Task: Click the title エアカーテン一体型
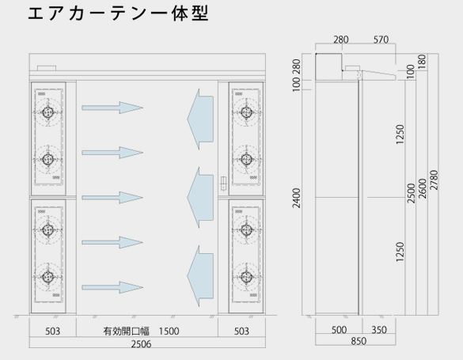pos(118,13)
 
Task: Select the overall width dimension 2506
pos(141,344)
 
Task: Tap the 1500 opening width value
pos(169,331)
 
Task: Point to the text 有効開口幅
pos(126,331)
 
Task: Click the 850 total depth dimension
pos(359,341)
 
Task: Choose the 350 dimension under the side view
pos(379,330)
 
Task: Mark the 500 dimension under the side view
pos(339,330)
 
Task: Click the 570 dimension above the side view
pos(381,40)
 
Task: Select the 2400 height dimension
pos(296,198)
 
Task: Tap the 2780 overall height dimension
pos(434,180)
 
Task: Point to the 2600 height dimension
pos(423,188)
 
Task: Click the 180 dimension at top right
pos(423,62)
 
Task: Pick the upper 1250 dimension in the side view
pos(400,135)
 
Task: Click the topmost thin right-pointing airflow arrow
pos(112,108)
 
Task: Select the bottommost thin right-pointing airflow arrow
pos(112,287)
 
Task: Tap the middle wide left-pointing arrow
pos(200,198)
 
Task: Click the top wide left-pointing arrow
pos(200,119)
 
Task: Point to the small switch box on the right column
pos(223,183)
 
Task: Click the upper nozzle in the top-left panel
pos(47,112)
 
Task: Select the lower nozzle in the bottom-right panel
pos(246,276)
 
